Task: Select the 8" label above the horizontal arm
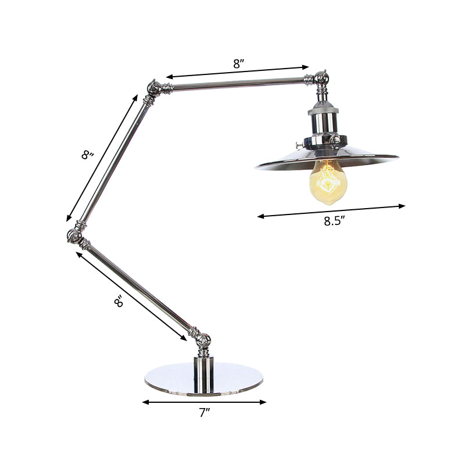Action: [238, 65]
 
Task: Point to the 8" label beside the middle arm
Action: [88, 155]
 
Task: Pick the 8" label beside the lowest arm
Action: [119, 302]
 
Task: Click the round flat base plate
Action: [203, 378]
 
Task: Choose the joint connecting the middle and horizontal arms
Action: [153, 88]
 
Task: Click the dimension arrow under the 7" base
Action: [204, 402]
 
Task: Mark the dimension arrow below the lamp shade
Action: [331, 210]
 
